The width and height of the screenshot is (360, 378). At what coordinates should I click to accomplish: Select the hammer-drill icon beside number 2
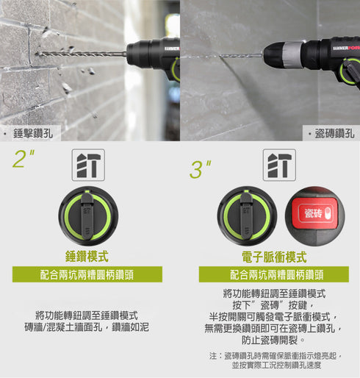pos(88,165)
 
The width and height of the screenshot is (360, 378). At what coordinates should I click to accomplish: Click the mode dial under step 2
pos(87,216)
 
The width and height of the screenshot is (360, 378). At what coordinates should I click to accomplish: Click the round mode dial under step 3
pos(246,216)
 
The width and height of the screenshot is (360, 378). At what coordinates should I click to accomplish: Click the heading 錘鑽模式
pos(87,257)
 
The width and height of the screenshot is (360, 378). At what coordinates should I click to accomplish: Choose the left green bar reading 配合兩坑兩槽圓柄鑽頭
pos(87,275)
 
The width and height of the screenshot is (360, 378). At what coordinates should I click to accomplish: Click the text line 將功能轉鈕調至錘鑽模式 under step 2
pos(87,314)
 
